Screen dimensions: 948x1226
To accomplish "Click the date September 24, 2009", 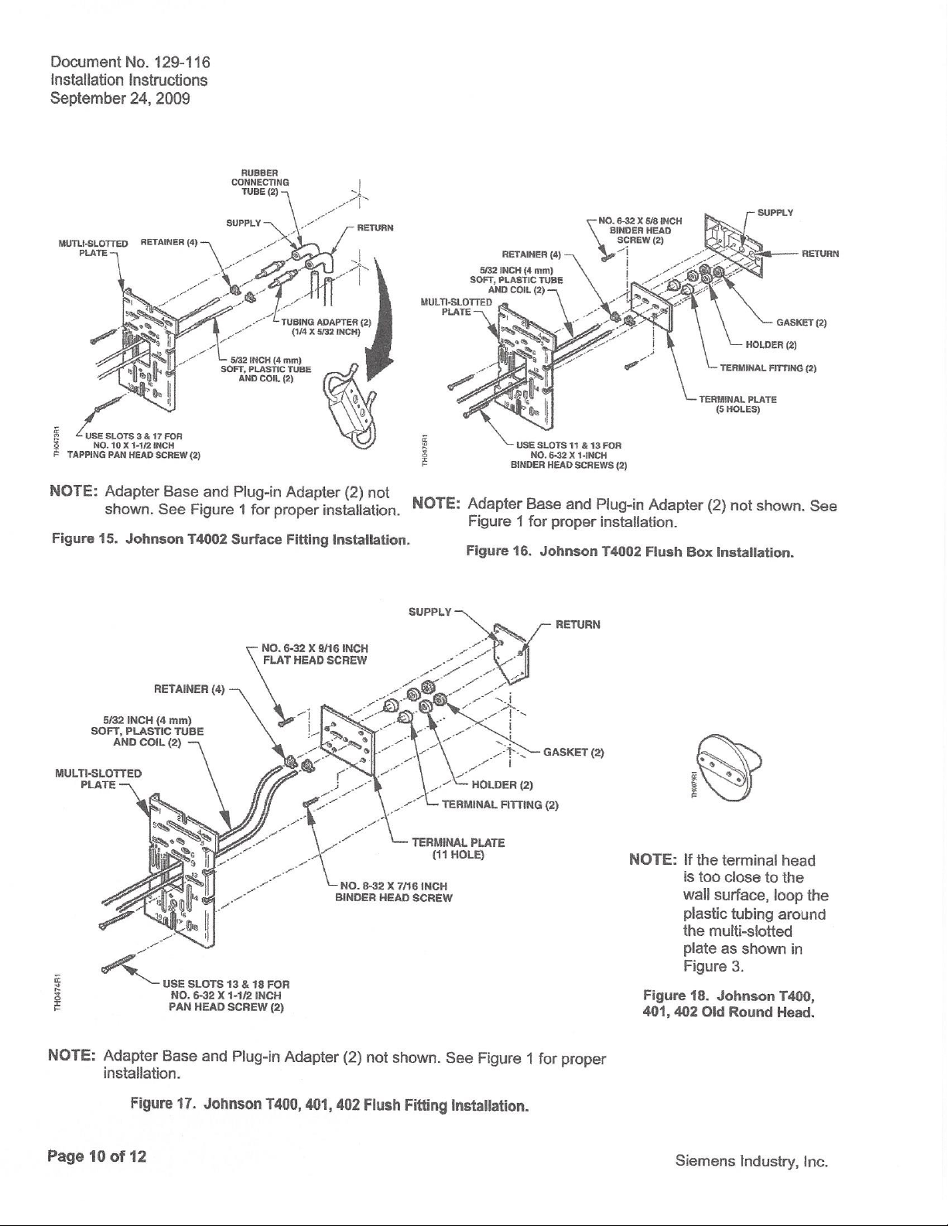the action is [120, 99].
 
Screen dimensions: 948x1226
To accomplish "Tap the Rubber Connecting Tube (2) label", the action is [260, 183].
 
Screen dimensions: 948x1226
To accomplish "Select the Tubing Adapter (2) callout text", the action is [326, 327].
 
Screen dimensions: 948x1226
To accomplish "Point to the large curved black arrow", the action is [378, 316].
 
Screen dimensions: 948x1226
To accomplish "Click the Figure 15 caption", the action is [231, 540].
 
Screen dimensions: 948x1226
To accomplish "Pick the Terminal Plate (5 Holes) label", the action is [738, 405].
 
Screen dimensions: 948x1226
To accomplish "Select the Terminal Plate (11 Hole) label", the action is [458, 849].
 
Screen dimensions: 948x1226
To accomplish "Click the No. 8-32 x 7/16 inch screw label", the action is [394, 891].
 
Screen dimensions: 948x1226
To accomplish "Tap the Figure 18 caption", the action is [729, 1004].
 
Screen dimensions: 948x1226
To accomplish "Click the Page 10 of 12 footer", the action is [97, 1156].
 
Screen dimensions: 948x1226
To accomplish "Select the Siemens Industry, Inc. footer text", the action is [751, 1162].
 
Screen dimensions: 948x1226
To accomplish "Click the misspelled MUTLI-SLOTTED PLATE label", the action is [93, 248].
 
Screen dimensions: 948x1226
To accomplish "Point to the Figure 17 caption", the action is [330, 1105].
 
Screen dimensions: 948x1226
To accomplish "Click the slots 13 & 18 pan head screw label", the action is [226, 995].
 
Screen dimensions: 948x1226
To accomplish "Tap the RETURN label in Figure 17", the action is [578, 624].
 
